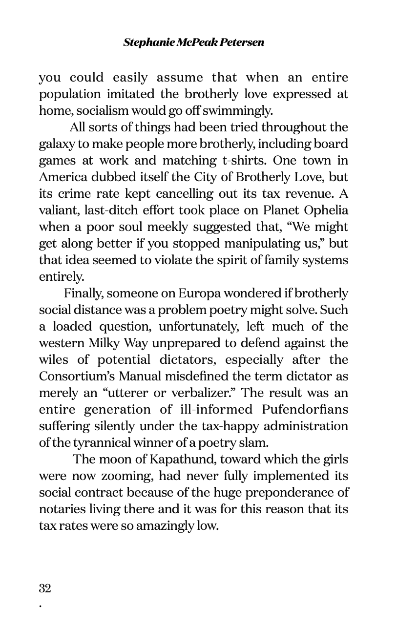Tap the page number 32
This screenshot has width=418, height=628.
point(45,588)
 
